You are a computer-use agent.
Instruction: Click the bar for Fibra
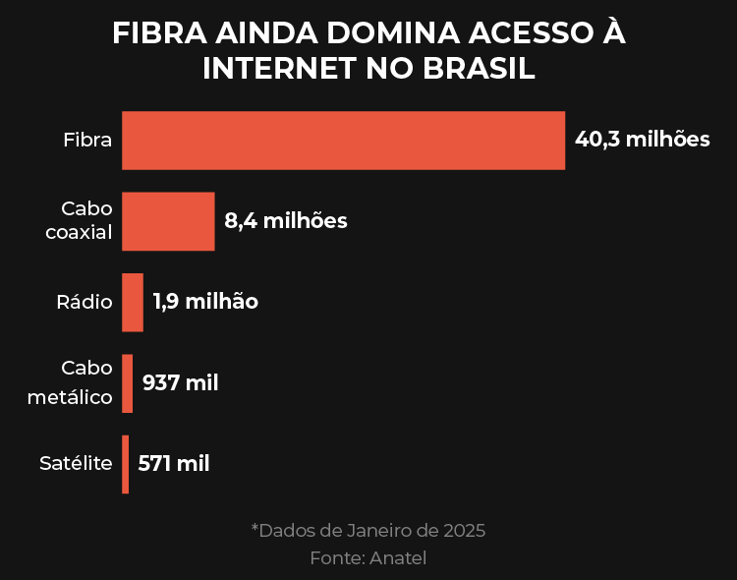(343, 141)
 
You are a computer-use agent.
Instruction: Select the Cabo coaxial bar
(168, 221)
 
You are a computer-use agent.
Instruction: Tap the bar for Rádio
(133, 302)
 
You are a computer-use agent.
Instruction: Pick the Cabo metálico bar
(128, 383)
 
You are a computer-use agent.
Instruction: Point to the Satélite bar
(126, 464)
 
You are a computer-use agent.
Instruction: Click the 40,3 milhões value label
(642, 140)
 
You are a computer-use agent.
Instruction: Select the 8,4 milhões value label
(286, 221)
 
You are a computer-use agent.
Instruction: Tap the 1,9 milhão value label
(205, 302)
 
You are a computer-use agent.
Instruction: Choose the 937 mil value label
(181, 383)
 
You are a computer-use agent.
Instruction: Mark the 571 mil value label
(174, 464)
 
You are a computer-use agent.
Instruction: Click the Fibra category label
(87, 140)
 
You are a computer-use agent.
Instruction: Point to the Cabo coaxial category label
(80, 221)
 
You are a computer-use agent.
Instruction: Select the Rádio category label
(85, 302)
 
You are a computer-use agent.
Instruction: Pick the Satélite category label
(76, 464)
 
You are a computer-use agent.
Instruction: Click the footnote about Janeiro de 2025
(368, 531)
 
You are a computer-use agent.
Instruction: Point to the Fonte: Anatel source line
(368, 557)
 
